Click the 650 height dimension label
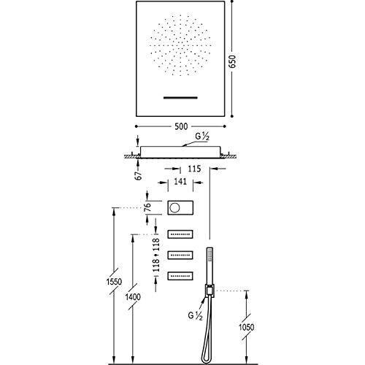[233, 61]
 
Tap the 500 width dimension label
[181, 126]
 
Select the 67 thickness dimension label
[139, 175]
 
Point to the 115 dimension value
[194, 169]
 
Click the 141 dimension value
[180, 182]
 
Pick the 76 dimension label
[147, 207]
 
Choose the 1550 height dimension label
[114, 282]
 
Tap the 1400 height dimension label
[133, 297]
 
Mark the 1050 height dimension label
[246, 327]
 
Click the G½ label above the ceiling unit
[202, 137]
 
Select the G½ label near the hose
[195, 316]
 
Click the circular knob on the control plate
[174, 207]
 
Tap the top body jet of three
[180, 234]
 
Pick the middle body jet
[180, 255]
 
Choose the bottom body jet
[180, 276]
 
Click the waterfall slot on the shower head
[180, 98]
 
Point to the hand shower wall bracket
[210, 291]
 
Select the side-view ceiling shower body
[180, 153]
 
